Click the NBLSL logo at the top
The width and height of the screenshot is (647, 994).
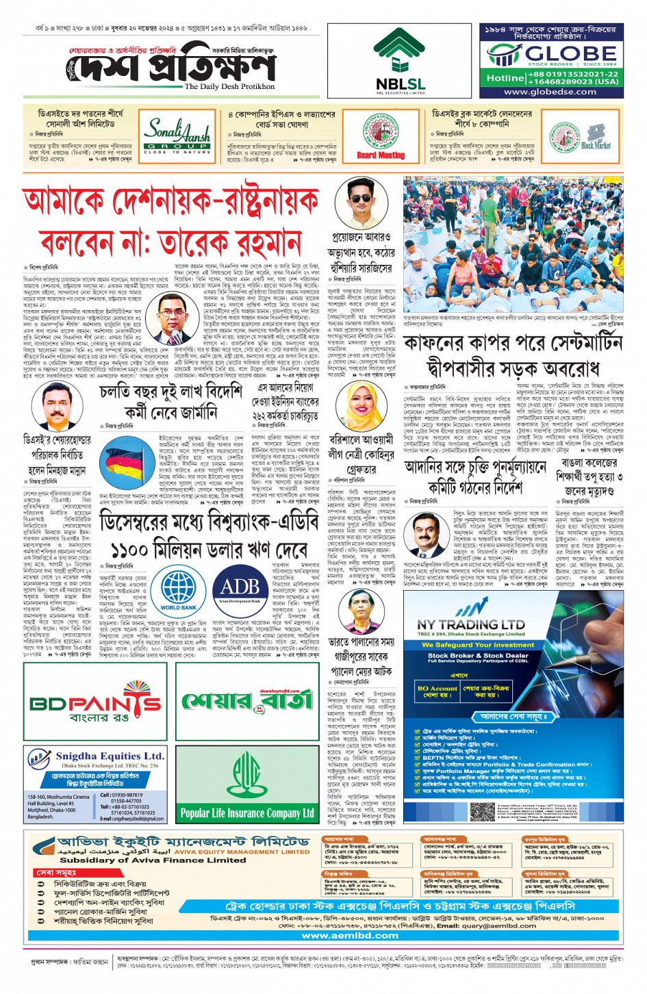tap(400, 60)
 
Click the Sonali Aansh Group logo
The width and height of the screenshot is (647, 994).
tap(177, 136)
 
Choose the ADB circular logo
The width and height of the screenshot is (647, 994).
tap(240, 589)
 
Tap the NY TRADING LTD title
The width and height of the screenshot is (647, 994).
tap(470, 624)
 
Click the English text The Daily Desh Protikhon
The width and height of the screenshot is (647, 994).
tap(229, 87)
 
